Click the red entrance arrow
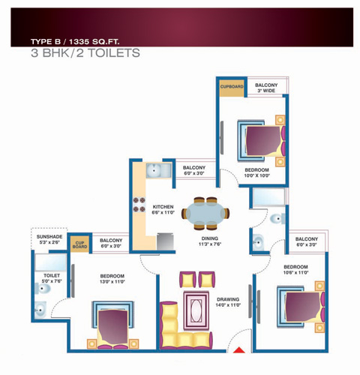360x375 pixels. click(239, 350)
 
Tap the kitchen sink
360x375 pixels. click(158, 170)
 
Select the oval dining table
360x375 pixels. click(205, 214)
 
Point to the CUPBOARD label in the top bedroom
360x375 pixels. click(232, 86)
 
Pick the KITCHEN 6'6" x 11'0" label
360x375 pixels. click(163, 209)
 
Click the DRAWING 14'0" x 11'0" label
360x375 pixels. click(228, 302)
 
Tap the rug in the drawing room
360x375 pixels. click(196, 311)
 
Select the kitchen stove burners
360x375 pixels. click(139, 205)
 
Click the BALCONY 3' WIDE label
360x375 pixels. click(266, 88)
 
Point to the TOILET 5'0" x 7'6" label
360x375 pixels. click(52, 278)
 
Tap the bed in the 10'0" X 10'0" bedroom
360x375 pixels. click(261, 141)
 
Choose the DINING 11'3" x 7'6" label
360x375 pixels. click(210, 241)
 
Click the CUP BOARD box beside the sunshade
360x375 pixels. click(79, 244)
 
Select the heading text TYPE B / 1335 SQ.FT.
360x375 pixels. click(75, 41)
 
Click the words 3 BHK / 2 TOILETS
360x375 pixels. click(85, 53)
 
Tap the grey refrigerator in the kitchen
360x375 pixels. click(165, 241)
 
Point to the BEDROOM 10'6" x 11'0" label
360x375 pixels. click(295, 269)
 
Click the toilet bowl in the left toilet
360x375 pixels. click(43, 289)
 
